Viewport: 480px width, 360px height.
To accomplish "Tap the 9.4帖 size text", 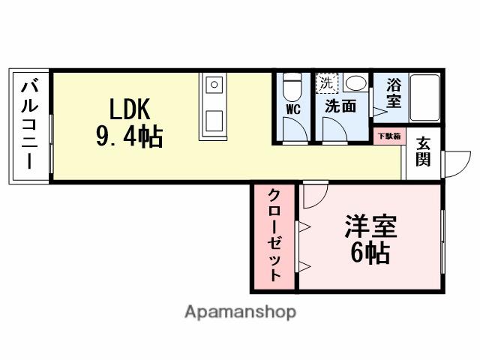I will tap(130, 137).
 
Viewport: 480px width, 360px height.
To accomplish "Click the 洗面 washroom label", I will tap(340, 106).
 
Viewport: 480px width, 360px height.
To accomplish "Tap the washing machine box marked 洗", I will tap(327, 82).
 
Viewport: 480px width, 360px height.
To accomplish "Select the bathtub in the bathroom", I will tap(425, 100).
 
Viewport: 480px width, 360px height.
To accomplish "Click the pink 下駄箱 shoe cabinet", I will tap(388, 136).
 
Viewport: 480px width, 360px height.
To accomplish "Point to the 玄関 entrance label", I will tap(424, 151).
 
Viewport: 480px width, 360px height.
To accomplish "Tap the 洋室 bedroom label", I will tap(370, 226).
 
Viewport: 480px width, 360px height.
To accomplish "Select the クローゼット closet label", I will tap(274, 236).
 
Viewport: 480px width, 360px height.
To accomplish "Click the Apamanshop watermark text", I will tap(240, 311).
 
